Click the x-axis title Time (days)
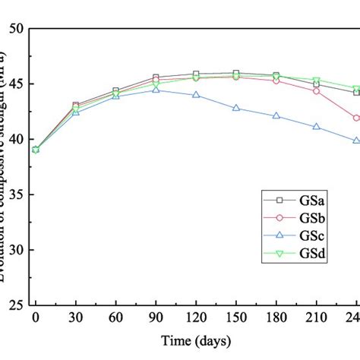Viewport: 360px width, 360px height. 196,341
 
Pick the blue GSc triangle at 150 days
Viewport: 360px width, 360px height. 236,109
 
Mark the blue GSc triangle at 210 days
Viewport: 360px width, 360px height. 317,127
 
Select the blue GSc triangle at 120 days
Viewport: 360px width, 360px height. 196,95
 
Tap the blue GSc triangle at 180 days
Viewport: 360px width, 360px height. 276,116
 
